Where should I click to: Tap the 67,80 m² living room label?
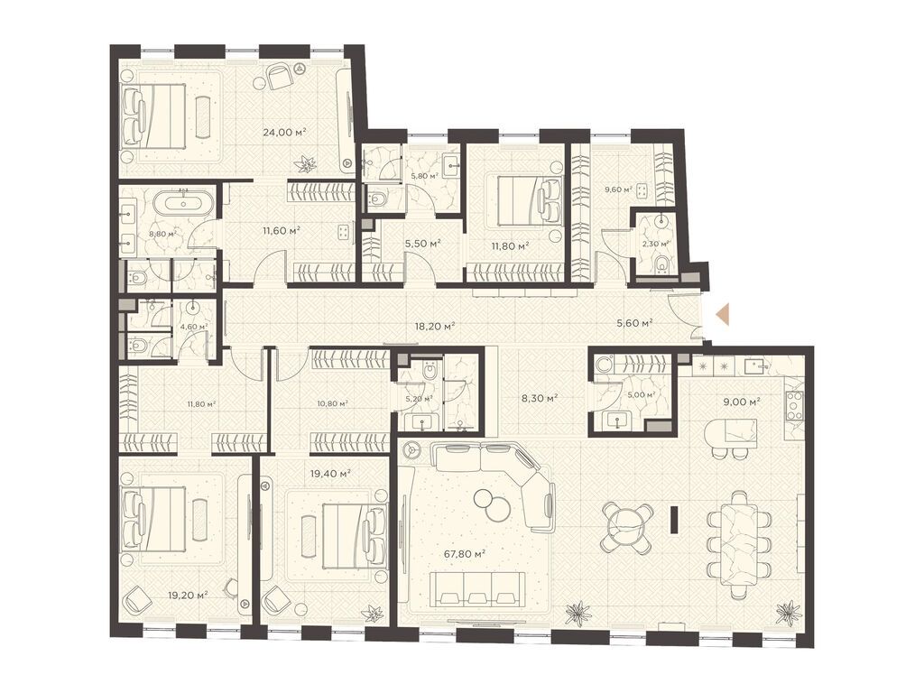[x=467, y=554]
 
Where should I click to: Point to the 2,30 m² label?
[x=656, y=243]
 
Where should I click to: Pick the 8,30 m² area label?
[x=539, y=397]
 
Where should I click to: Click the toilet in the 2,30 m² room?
[x=661, y=263]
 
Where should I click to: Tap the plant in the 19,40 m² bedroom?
[x=371, y=613]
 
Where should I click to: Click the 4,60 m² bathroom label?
[x=192, y=328]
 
